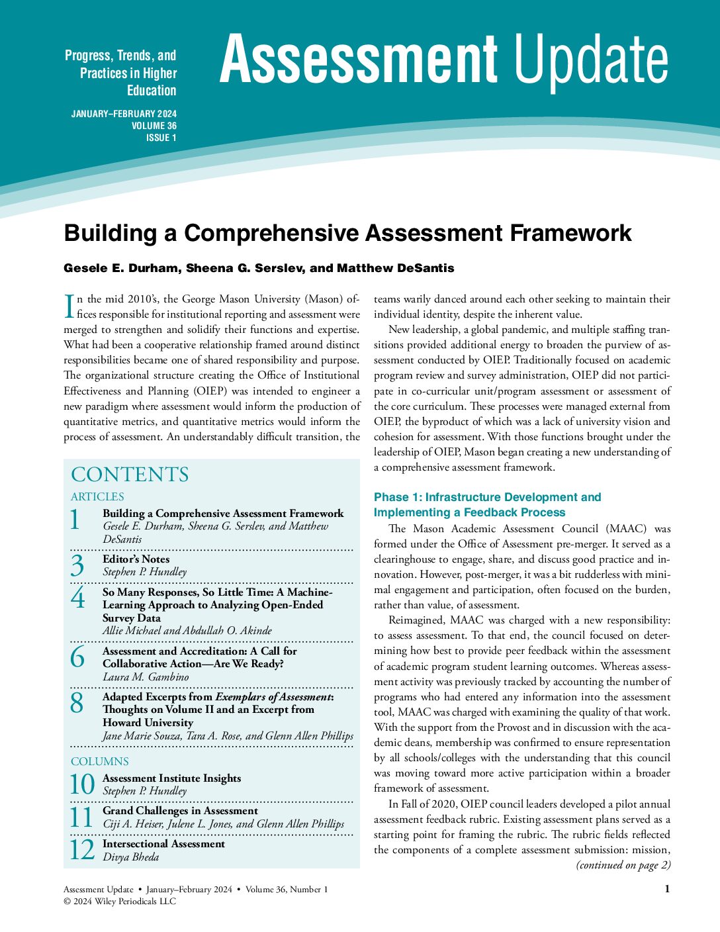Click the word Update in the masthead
(x=591, y=59)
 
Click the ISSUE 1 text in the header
(x=161, y=138)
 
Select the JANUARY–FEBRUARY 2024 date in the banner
(x=124, y=114)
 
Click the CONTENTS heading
(x=130, y=475)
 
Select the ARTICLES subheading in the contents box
(x=97, y=496)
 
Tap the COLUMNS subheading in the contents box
(x=100, y=761)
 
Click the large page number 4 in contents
(x=77, y=598)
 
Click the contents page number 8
(x=77, y=703)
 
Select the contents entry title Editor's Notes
(x=136, y=559)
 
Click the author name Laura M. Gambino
(x=146, y=677)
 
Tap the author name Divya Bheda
(x=130, y=857)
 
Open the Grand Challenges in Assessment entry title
(x=180, y=811)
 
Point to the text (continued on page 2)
(x=623, y=865)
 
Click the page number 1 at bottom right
(x=667, y=889)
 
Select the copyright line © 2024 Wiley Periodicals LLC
(x=120, y=901)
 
